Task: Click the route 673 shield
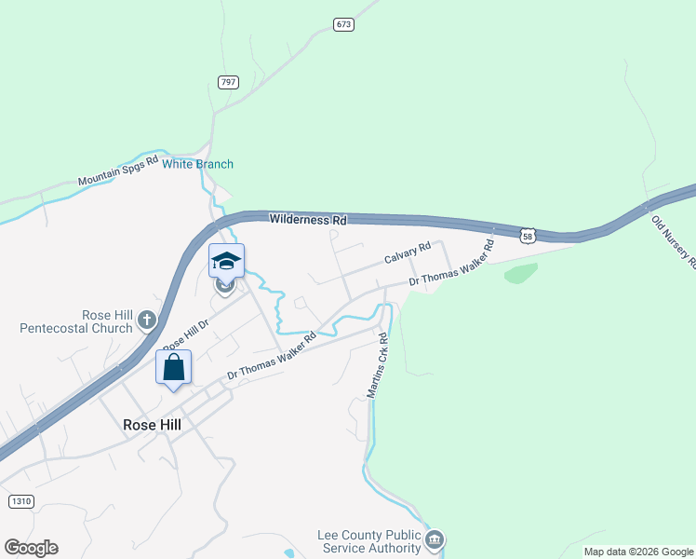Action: coord(343,24)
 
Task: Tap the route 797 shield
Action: coord(228,82)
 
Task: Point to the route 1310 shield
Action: coord(20,501)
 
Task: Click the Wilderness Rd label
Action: coord(308,220)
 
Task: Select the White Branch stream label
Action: coord(198,164)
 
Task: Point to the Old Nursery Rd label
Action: coord(673,242)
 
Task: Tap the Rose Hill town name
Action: coord(152,423)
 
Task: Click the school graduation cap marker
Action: coord(226,261)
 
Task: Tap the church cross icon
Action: coord(146,321)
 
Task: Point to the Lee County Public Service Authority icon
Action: coord(435,540)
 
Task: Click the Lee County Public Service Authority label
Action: coord(369,542)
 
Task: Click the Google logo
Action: coord(31,548)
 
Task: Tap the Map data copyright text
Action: coord(639,552)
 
